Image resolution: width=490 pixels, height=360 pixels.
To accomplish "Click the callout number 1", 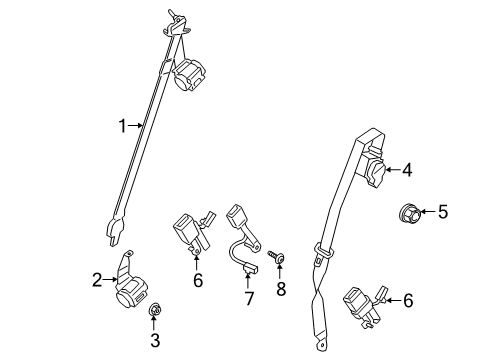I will (122, 126).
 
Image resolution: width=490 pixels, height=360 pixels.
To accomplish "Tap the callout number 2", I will (98, 281).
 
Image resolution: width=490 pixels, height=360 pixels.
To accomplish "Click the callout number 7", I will (248, 300).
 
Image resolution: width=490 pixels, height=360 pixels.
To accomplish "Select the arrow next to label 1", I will (137, 126).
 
